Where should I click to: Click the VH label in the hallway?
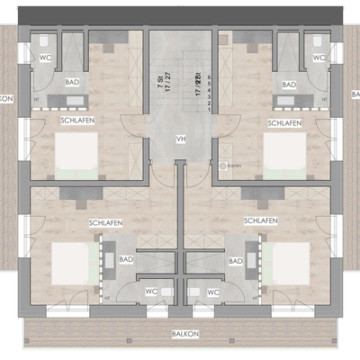point(180,139)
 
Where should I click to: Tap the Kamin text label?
point(234,166)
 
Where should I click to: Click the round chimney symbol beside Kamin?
point(222,166)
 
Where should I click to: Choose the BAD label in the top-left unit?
point(71,85)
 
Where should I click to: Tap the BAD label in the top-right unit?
point(289,85)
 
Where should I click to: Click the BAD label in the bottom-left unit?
point(127,260)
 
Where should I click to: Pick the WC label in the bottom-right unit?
point(213,292)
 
